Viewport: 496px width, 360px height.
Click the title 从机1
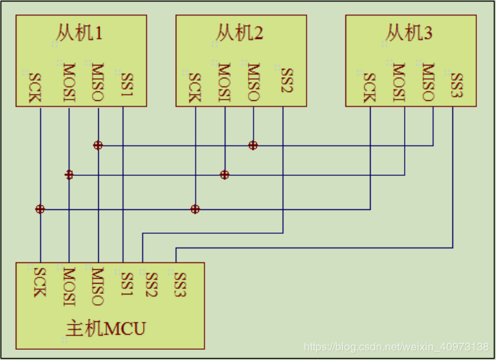pyautogui.click(x=80, y=33)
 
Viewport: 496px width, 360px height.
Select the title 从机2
pyautogui.click(x=240, y=33)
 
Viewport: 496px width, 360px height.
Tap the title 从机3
pyautogui.click(x=409, y=33)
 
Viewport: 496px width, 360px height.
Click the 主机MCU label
pyautogui.click(x=106, y=329)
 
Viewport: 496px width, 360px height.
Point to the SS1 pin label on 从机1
pyautogui.click(x=127, y=85)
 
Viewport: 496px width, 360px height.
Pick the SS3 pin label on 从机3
pyautogui.click(x=456, y=85)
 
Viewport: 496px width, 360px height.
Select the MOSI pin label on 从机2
pyautogui.click(x=225, y=82)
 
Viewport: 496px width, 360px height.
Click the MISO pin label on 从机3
pyautogui.click(x=428, y=82)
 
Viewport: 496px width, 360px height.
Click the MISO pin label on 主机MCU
pyautogui.click(x=97, y=286)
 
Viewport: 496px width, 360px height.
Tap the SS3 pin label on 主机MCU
pyautogui.click(x=180, y=284)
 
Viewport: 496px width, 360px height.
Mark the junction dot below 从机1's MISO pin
pyautogui.click(x=98, y=145)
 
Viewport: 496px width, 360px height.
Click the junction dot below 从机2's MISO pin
pyautogui.click(x=253, y=145)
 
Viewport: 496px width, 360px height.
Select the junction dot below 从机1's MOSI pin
pyautogui.click(x=69, y=175)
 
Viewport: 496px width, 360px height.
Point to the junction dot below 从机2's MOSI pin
pyautogui.click(x=224, y=175)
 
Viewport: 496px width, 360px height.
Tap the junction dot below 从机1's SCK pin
pyautogui.click(x=40, y=209)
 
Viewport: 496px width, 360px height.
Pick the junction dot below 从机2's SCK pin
pyautogui.click(x=196, y=209)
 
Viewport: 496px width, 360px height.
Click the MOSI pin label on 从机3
pyautogui.click(x=399, y=82)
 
